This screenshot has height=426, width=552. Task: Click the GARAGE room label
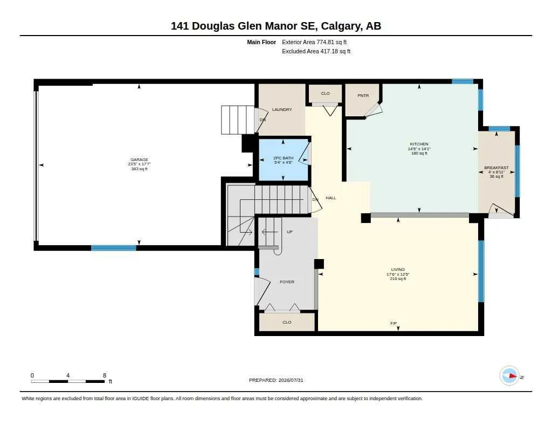pyautogui.click(x=139, y=160)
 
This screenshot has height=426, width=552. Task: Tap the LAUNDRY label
pyautogui.click(x=282, y=109)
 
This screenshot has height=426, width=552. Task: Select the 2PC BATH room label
pyautogui.click(x=283, y=158)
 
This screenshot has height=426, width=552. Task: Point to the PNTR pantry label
pyautogui.click(x=363, y=95)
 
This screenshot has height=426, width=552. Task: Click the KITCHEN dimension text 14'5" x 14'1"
pyautogui.click(x=419, y=149)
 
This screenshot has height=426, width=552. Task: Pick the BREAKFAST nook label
pyautogui.click(x=496, y=168)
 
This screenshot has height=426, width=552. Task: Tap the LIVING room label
pyautogui.click(x=398, y=269)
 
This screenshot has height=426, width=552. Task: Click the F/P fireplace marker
pyautogui.click(x=394, y=323)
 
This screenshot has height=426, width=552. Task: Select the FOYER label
pyautogui.click(x=287, y=282)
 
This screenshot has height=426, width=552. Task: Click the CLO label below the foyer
pyautogui.click(x=287, y=322)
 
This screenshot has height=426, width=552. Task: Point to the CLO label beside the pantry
pyautogui.click(x=325, y=93)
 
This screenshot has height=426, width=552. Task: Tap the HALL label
pyautogui.click(x=331, y=198)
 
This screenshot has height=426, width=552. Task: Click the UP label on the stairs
pyautogui.click(x=289, y=232)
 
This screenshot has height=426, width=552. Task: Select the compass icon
pyautogui.click(x=509, y=376)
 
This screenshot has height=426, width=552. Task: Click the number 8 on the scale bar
pyautogui.click(x=105, y=375)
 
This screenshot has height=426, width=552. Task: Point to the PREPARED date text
pyautogui.click(x=276, y=380)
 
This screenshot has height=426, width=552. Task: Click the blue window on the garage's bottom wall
pyautogui.click(x=114, y=248)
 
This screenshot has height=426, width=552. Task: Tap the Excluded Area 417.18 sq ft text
pyautogui.click(x=316, y=51)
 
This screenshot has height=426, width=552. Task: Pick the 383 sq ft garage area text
pyautogui.click(x=139, y=169)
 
